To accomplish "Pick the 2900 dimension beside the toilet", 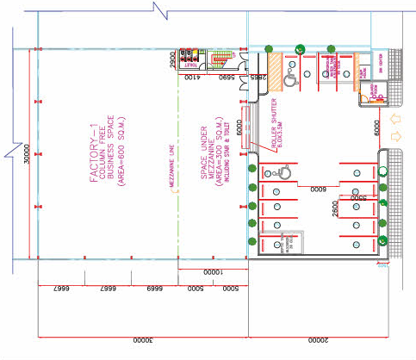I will pyautogui.click(x=172, y=59).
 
